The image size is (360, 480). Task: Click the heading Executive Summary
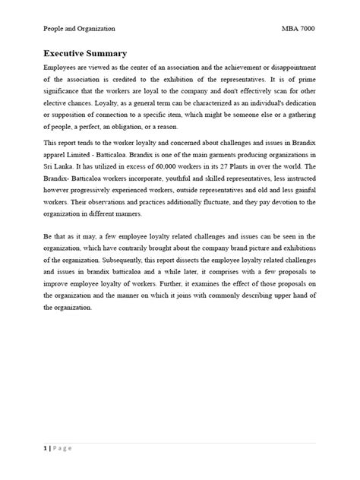tap(85, 54)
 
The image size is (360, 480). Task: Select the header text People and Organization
tap(79, 28)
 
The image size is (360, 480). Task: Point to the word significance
tap(64, 91)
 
